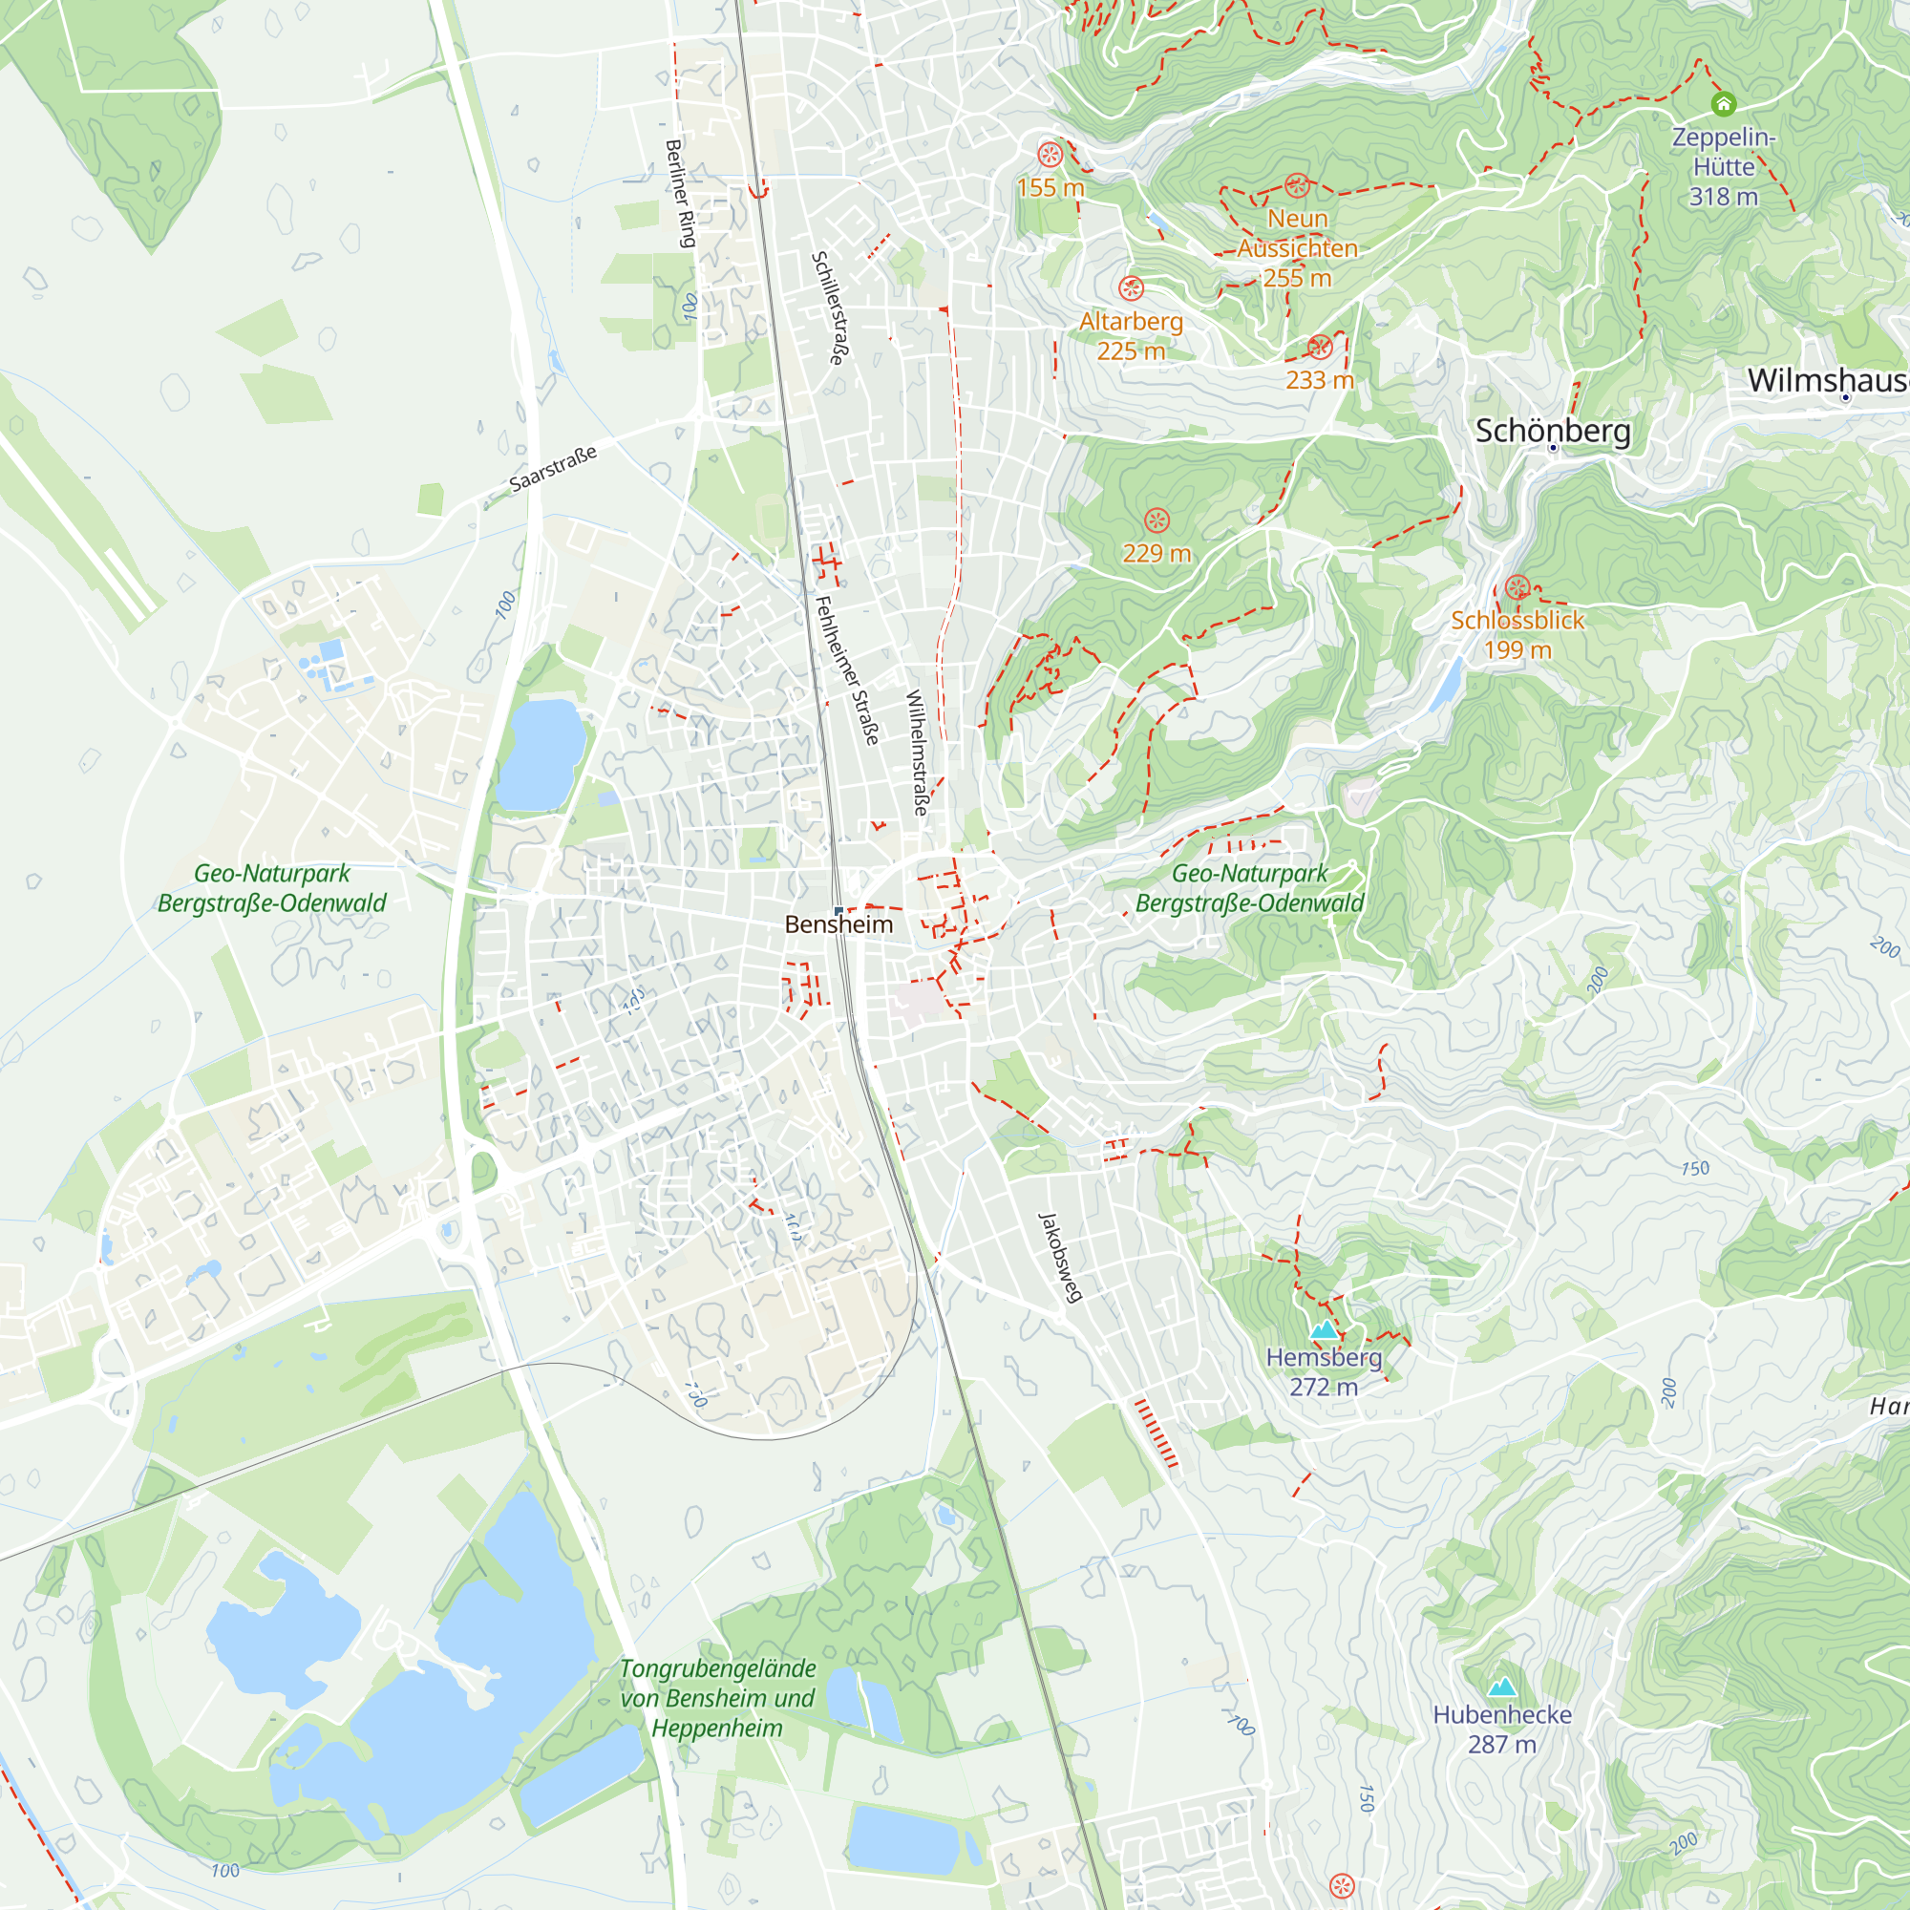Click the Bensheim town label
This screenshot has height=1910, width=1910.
click(838, 924)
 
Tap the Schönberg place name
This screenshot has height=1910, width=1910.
click(1552, 431)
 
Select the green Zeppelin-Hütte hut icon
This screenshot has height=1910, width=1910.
click(1723, 104)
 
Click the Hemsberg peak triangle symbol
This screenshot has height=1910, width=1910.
click(1324, 1330)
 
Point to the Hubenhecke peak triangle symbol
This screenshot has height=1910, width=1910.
click(1501, 1687)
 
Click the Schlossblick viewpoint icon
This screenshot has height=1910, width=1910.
click(1517, 588)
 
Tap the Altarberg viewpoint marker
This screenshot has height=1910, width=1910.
click(1131, 288)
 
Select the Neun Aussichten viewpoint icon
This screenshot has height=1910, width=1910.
click(1297, 186)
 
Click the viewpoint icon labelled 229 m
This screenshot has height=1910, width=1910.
click(1157, 521)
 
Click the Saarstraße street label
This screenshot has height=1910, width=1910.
click(554, 469)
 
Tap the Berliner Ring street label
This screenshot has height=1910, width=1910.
click(681, 193)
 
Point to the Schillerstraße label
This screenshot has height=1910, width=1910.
click(828, 308)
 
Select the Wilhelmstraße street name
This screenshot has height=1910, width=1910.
click(917, 753)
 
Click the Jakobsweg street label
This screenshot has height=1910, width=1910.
click(1061, 1257)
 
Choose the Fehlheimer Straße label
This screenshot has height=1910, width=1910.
click(846, 670)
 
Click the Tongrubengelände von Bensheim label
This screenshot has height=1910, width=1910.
click(717, 1697)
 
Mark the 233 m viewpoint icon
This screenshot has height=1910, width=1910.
click(1320, 347)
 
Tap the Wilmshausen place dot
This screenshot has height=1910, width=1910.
click(1845, 397)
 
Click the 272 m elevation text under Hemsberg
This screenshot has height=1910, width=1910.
click(1323, 1387)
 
